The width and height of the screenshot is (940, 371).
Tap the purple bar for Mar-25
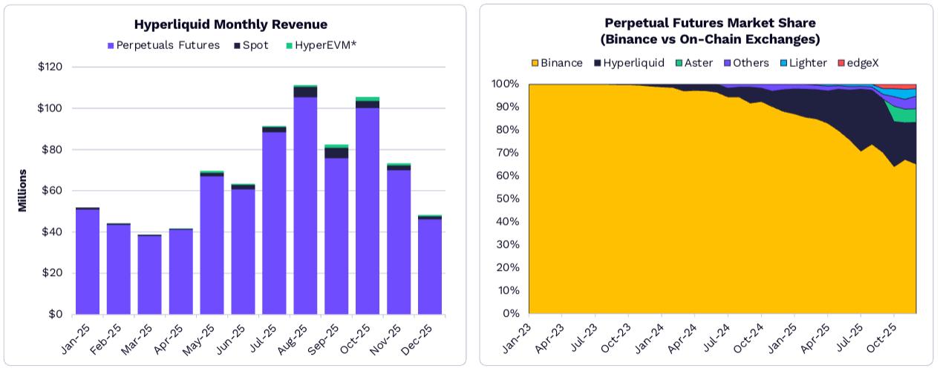149,275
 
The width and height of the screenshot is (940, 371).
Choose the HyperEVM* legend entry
321,45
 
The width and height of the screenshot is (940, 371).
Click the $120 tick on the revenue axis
50,67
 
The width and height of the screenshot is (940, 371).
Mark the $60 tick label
50,191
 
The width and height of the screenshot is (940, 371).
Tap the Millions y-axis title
23,191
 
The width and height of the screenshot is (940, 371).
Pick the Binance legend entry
557,63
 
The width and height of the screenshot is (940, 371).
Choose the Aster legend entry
696,63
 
